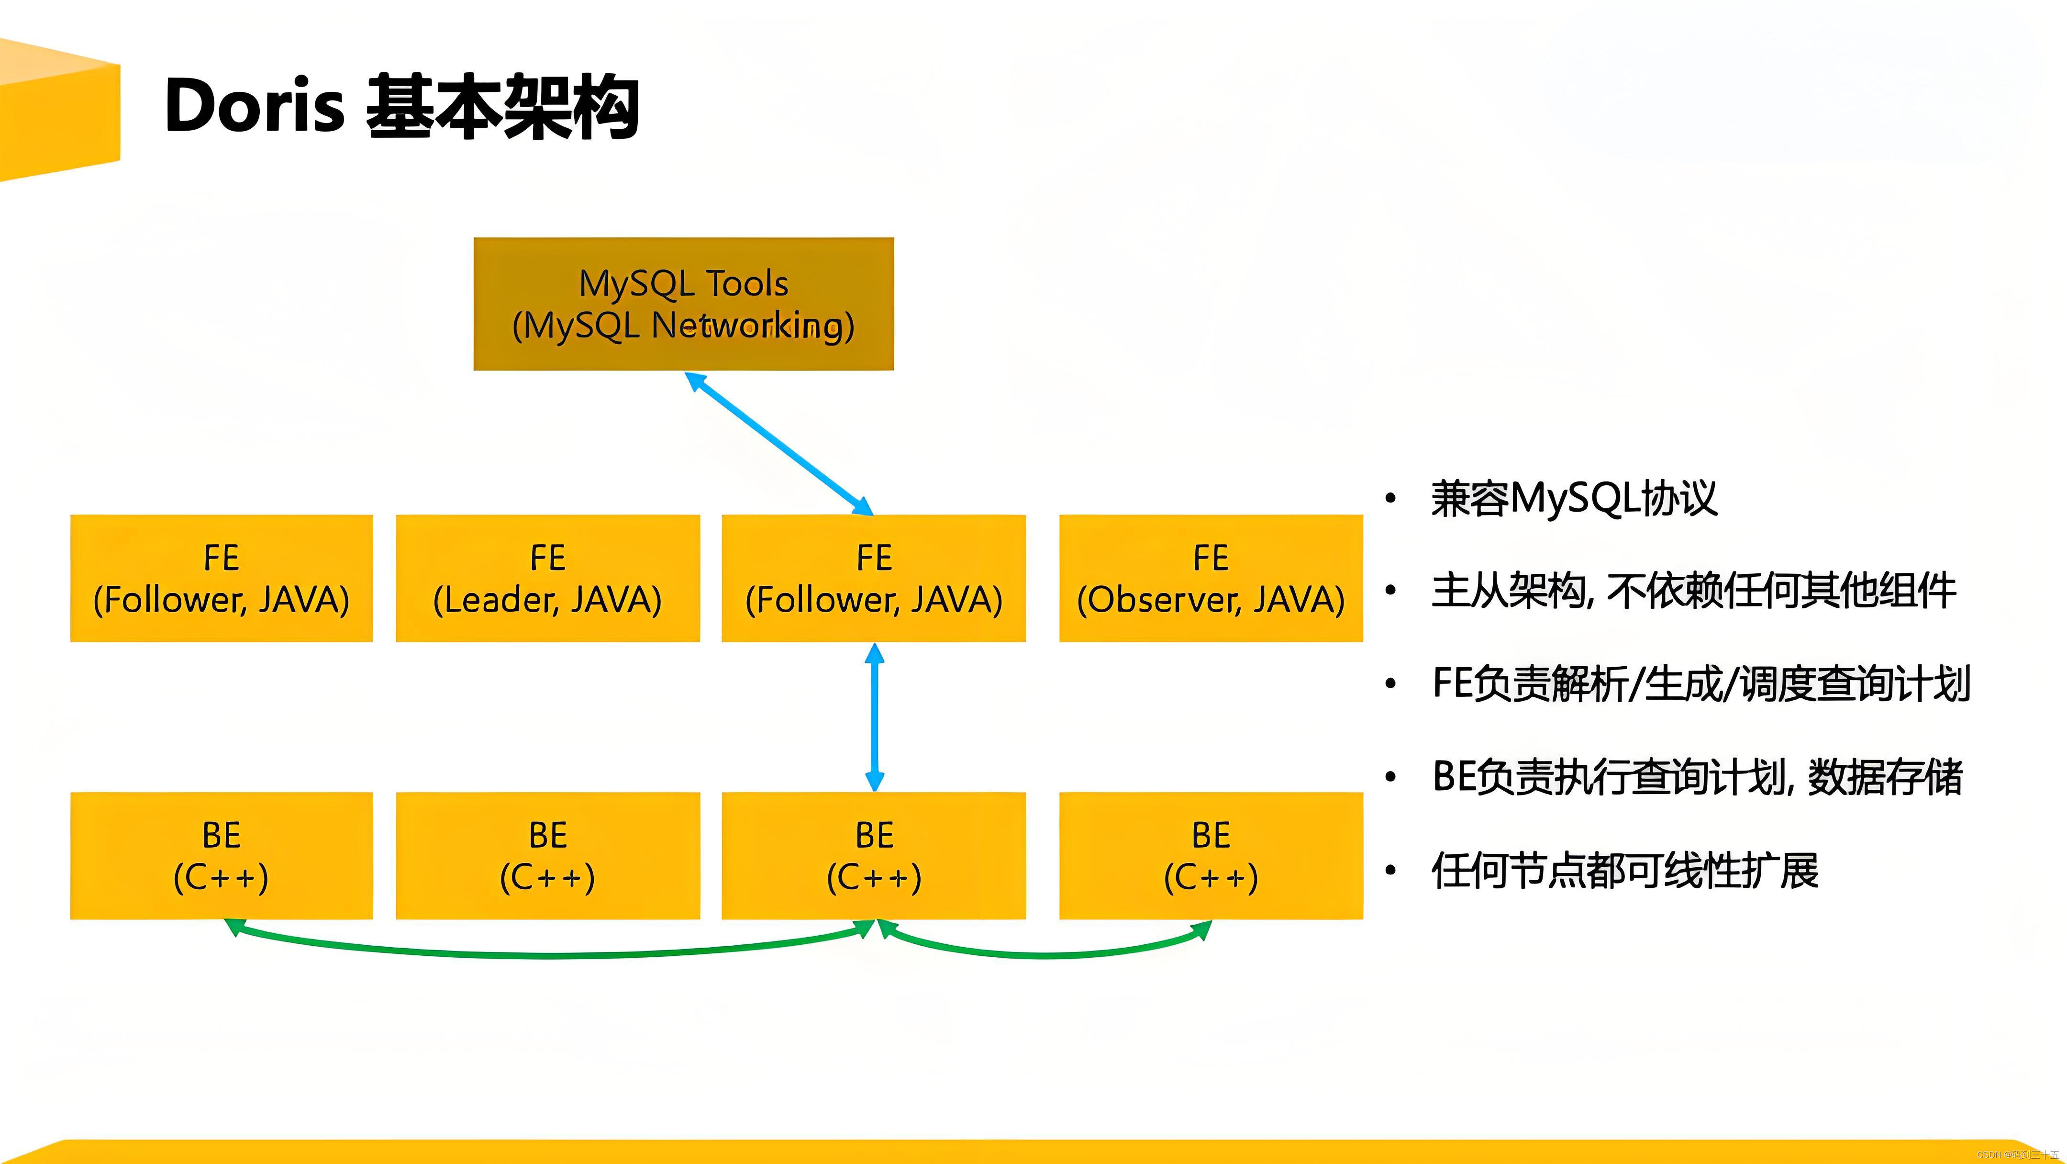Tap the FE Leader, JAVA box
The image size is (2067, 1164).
click(x=547, y=578)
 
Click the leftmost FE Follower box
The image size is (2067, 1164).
click(x=222, y=578)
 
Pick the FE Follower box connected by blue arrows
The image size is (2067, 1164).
click(x=873, y=578)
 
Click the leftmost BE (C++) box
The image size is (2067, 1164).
click(x=222, y=856)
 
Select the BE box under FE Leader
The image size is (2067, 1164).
click(x=547, y=856)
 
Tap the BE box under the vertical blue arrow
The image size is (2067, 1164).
click(x=873, y=856)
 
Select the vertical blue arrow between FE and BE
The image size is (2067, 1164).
click(x=875, y=717)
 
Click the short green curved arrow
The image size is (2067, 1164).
click(x=1043, y=954)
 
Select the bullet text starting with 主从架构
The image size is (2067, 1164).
click(x=1693, y=592)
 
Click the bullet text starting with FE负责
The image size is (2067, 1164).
click(x=1701, y=684)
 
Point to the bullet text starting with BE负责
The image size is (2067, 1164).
click(x=1697, y=777)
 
